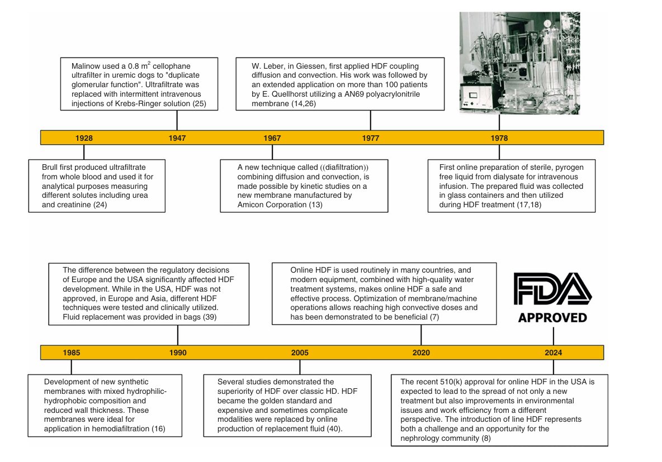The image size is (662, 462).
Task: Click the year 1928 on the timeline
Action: tap(84, 138)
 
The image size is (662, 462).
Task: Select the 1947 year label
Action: tap(177, 138)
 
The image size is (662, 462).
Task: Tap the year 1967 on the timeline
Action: tap(272, 138)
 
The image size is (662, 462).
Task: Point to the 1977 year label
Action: tap(370, 138)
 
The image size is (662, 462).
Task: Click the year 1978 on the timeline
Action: tap(499, 138)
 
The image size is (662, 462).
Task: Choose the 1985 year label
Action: tap(72, 353)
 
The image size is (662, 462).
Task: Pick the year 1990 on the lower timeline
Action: tap(178, 353)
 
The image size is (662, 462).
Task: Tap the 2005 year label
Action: tap(300, 353)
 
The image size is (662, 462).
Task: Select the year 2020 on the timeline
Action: tap(421, 353)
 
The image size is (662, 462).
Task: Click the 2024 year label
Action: tap(554, 353)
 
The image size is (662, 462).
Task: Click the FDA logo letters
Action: tap(552, 289)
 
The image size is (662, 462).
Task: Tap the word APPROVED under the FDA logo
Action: tap(552, 318)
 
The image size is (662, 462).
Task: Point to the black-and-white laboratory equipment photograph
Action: tap(519, 63)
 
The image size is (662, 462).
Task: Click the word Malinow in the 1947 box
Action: tap(87, 66)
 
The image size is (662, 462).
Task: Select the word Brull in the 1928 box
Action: tap(51, 168)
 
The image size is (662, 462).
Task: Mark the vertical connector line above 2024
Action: tap(554, 336)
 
